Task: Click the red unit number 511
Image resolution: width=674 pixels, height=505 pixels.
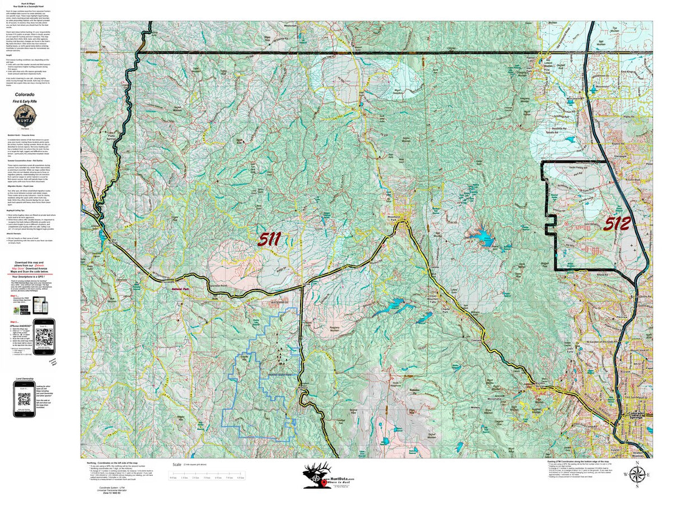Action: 270,240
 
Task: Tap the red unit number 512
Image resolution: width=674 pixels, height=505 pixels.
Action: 616,224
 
